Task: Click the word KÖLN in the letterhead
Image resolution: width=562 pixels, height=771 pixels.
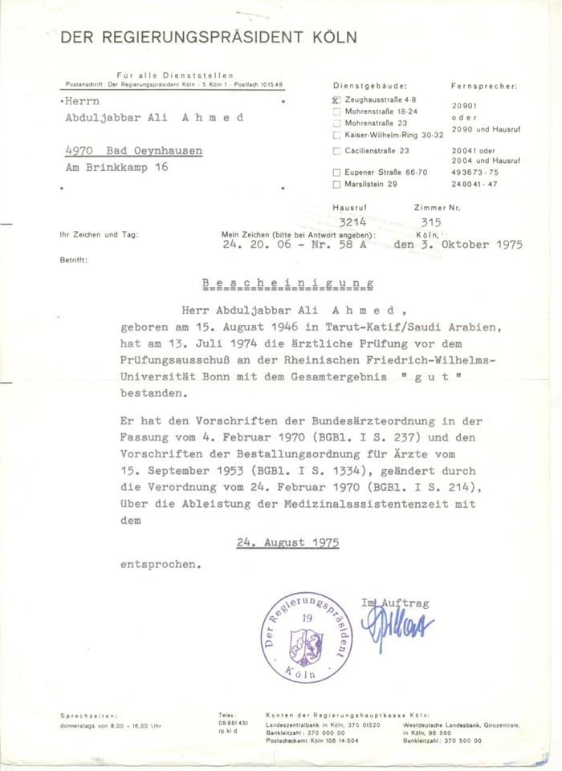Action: pyautogui.click(x=332, y=37)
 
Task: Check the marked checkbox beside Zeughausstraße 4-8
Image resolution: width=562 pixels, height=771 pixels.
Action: pyautogui.click(x=336, y=100)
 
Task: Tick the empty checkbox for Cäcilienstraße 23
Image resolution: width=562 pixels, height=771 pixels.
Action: pyautogui.click(x=336, y=150)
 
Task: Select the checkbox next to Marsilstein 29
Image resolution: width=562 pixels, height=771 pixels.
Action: pyautogui.click(x=336, y=184)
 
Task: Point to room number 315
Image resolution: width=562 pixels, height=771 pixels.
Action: pyautogui.click(x=431, y=222)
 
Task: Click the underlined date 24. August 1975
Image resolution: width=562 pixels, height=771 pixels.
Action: pyautogui.click(x=287, y=542)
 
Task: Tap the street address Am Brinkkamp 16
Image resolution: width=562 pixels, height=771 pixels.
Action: pyautogui.click(x=116, y=168)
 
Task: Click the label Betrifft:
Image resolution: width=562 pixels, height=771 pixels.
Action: pyautogui.click(x=73, y=261)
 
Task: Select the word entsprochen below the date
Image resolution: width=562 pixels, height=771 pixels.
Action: pyautogui.click(x=158, y=564)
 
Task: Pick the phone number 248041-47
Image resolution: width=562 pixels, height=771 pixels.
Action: pyautogui.click(x=474, y=184)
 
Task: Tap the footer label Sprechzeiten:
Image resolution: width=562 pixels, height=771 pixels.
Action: pyautogui.click(x=88, y=715)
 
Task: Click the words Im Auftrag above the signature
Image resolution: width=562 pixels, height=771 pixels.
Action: pyautogui.click(x=396, y=602)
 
